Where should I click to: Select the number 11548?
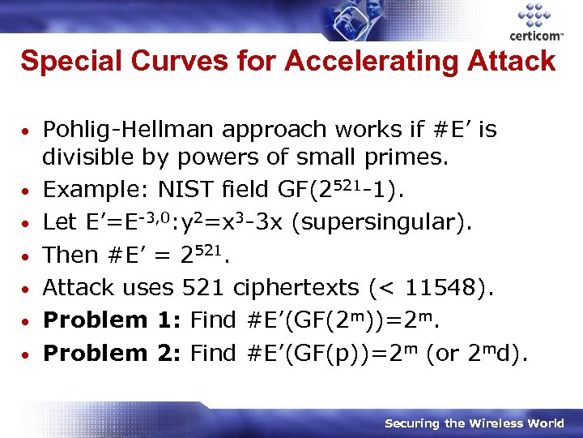tap(471, 287)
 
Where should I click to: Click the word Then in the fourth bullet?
tap(70, 255)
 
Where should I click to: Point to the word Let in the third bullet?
tap(58, 222)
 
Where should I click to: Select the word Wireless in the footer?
tap(486, 423)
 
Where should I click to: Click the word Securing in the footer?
tap(412, 423)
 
